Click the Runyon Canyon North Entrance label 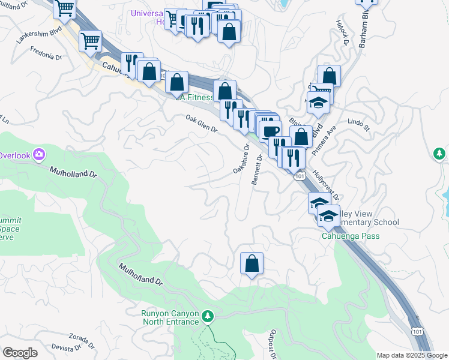[x=170, y=317]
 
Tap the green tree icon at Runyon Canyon [x=208, y=316]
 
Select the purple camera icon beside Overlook [x=39, y=155]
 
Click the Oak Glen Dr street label [x=201, y=124]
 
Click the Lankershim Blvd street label [x=37, y=37]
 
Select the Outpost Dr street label [x=273, y=344]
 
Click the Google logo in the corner [x=19, y=352]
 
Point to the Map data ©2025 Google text [x=411, y=355]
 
